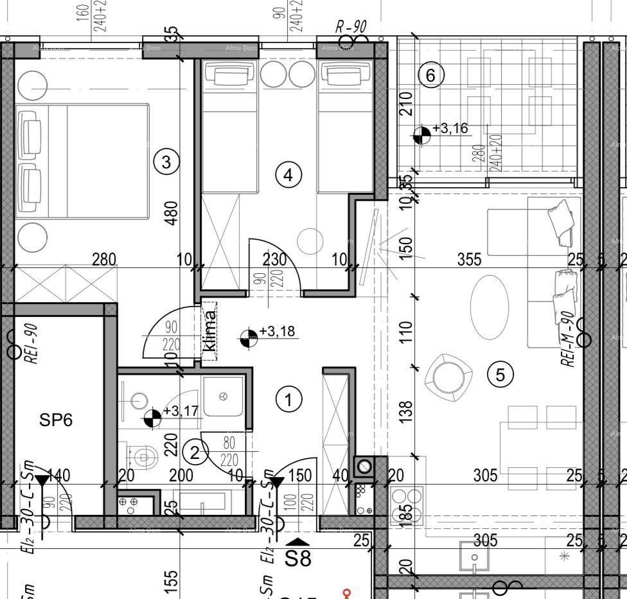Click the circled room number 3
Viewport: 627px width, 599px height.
[166, 161]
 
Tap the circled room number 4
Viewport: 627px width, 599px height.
[288, 174]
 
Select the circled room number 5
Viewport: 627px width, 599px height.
[500, 374]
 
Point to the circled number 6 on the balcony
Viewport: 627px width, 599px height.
[430, 75]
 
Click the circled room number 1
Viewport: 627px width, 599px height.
[288, 400]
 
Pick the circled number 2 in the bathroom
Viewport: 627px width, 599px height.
[195, 452]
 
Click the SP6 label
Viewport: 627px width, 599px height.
[56, 420]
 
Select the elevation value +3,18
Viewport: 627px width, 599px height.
[277, 332]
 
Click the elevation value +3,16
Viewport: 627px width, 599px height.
[450, 129]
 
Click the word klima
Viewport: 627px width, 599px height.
[209, 331]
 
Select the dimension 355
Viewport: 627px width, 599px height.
[469, 259]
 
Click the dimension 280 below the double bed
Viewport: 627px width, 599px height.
[104, 259]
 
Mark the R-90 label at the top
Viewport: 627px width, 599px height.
[351, 26]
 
